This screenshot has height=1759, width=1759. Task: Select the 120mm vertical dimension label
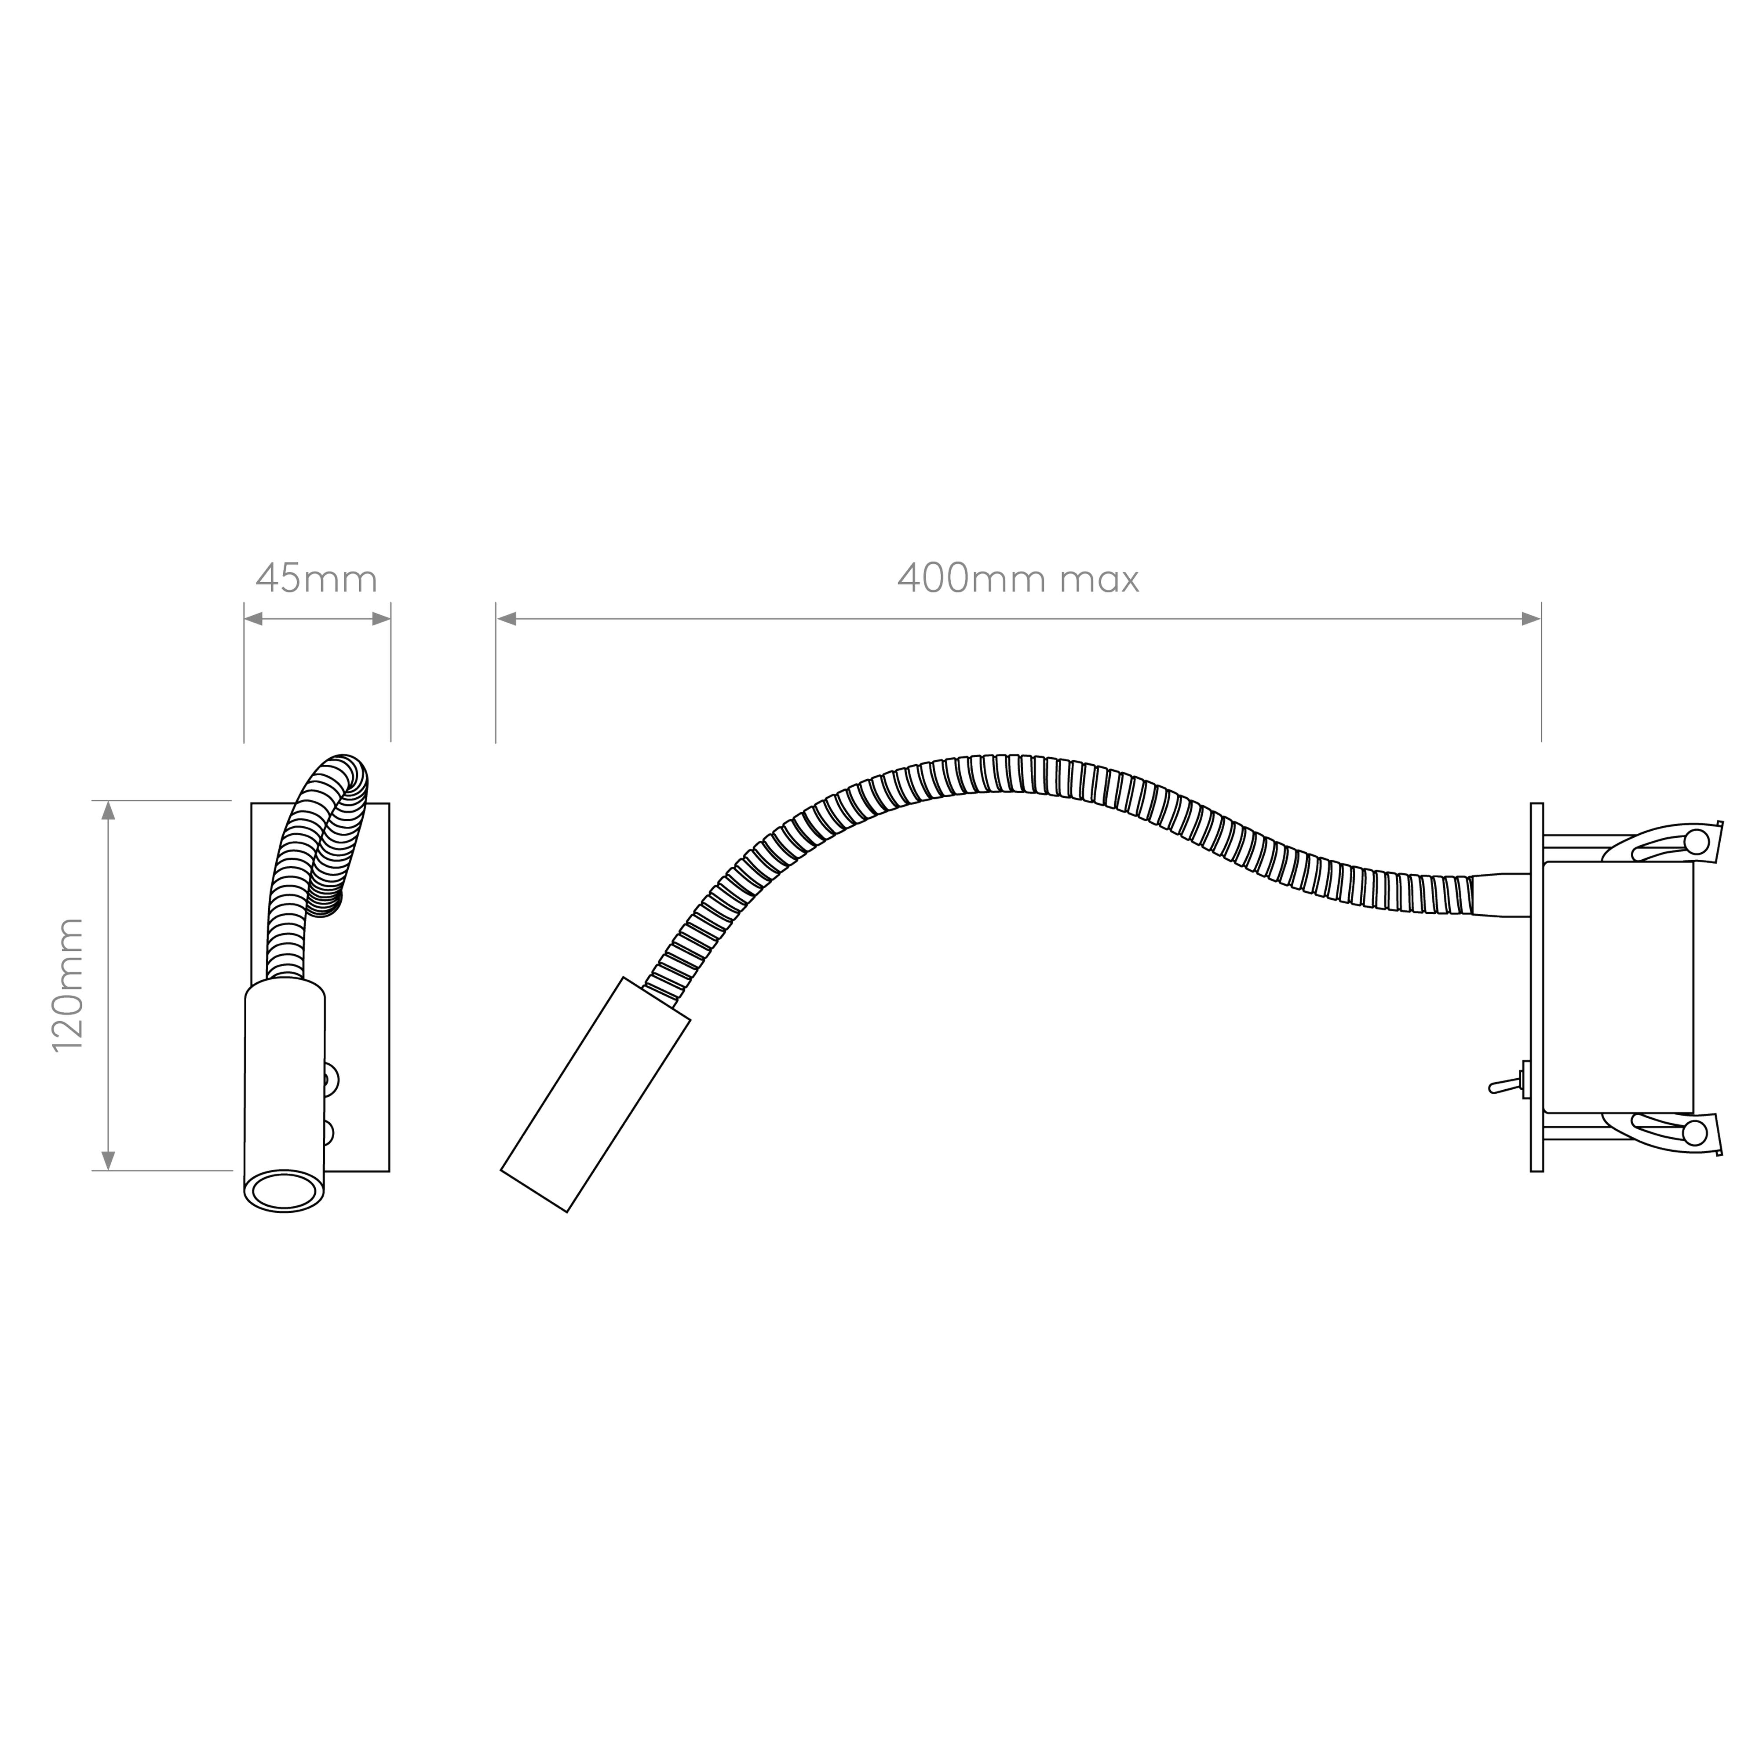(x=68, y=985)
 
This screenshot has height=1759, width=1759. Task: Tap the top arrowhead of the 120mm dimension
(x=108, y=810)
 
